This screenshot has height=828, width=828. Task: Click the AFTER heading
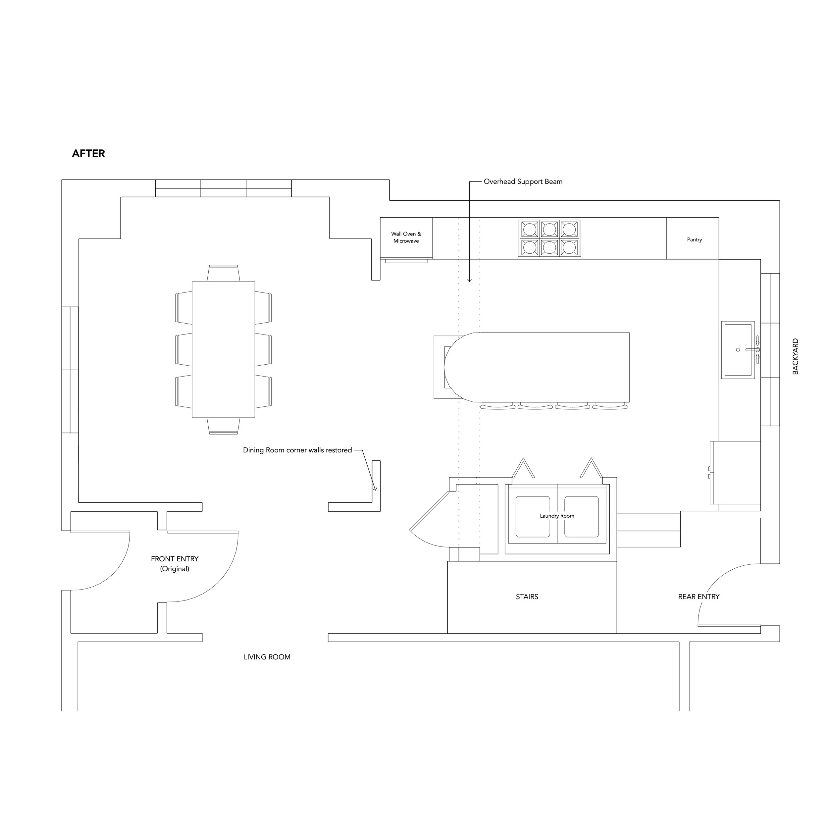pyautogui.click(x=88, y=153)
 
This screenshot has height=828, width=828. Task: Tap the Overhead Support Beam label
pyautogui.click(x=523, y=182)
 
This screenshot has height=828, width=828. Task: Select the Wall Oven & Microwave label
pyautogui.click(x=406, y=237)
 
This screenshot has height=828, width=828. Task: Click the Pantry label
pyautogui.click(x=694, y=239)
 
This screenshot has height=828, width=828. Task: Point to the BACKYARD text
pyautogui.click(x=796, y=357)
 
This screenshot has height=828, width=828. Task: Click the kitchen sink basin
pyautogui.click(x=738, y=350)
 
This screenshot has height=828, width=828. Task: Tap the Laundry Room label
pyautogui.click(x=557, y=516)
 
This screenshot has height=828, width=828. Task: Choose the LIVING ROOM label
pyautogui.click(x=267, y=657)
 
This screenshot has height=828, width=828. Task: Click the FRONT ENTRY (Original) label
pyautogui.click(x=175, y=564)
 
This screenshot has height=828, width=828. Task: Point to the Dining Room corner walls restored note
pyautogui.click(x=297, y=450)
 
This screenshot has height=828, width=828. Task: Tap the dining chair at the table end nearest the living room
pyautogui.click(x=223, y=426)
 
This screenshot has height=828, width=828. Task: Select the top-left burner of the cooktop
pyautogui.click(x=530, y=229)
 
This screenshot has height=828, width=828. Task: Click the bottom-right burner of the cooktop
pyautogui.click(x=569, y=247)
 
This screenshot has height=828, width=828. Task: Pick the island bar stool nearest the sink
pyautogui.click(x=610, y=405)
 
